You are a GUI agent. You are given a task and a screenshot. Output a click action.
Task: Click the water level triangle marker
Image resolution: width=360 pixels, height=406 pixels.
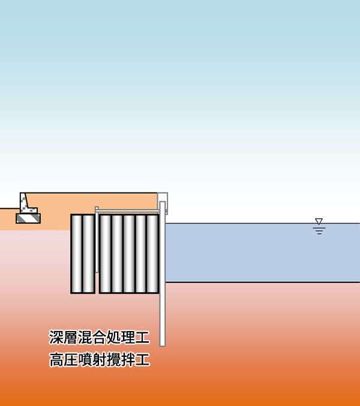tap(319, 221)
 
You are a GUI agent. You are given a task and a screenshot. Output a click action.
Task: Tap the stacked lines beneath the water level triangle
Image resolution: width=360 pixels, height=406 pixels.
tap(319, 231)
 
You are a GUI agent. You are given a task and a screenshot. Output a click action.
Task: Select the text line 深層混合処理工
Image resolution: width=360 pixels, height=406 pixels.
tap(99, 337)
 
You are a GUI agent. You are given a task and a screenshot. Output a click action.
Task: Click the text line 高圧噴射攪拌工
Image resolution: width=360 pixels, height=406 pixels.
tap(100, 359)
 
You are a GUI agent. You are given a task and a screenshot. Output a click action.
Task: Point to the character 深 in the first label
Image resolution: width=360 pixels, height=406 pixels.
tap(56, 337)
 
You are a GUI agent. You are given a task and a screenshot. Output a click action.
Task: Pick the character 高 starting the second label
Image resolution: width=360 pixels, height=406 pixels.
tap(56, 359)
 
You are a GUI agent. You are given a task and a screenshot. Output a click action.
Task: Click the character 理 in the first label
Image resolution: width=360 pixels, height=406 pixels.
tap(128, 337)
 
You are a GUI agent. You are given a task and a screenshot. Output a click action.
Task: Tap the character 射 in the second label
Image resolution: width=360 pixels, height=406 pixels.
tap(100, 359)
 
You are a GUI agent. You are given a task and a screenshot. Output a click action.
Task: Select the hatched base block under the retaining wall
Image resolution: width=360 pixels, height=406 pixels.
tap(28, 218)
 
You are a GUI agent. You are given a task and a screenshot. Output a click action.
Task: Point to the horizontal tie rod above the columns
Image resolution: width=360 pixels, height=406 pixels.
tap(128, 211)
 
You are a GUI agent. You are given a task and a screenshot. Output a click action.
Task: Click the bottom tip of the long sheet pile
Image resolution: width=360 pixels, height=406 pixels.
tap(163, 346)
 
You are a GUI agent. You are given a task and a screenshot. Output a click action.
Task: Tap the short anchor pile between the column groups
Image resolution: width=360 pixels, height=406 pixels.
tap(97, 239)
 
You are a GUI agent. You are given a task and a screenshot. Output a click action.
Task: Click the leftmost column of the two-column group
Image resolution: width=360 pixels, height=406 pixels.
tap(77, 254)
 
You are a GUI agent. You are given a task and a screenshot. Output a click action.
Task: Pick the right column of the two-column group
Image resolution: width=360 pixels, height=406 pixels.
tap(89, 254)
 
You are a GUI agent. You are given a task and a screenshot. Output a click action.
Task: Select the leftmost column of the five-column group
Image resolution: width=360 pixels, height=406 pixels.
tap(105, 254)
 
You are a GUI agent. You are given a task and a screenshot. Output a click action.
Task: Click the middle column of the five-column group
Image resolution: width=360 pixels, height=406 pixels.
tap(129, 254)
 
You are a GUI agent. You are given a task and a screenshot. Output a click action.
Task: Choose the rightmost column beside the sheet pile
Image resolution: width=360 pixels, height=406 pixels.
tap(153, 254)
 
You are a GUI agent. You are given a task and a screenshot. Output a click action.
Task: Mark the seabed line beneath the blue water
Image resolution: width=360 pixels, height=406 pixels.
tap(263, 282)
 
